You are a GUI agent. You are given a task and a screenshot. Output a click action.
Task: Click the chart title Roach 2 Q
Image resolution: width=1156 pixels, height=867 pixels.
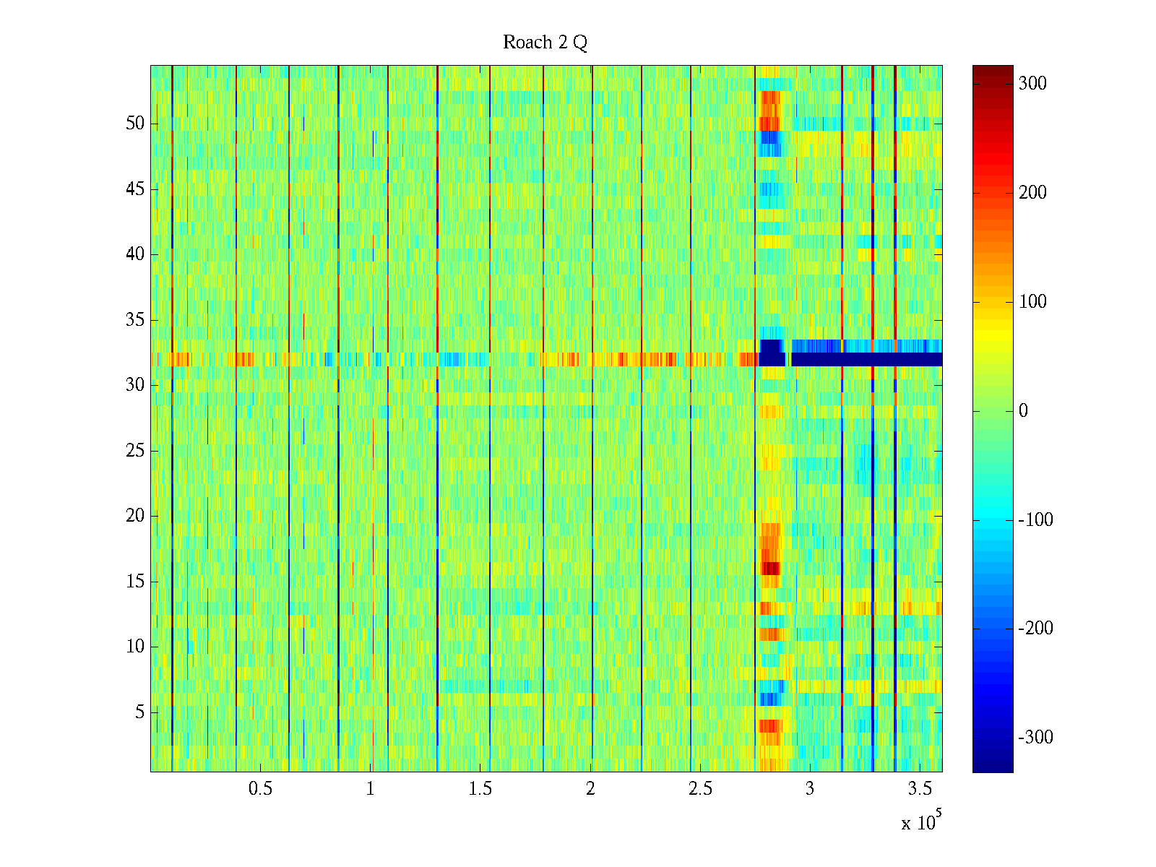(x=545, y=43)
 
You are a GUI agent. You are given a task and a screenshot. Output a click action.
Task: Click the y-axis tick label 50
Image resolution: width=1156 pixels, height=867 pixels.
(x=135, y=124)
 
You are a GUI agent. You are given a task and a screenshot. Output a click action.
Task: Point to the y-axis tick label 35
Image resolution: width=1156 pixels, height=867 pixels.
(x=135, y=320)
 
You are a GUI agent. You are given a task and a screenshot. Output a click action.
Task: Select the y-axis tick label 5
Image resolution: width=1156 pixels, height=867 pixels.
(x=139, y=712)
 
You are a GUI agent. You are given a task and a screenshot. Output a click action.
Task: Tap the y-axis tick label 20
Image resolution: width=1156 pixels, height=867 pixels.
(x=135, y=516)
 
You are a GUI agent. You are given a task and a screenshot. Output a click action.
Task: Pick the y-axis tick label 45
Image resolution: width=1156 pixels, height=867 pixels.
(x=135, y=189)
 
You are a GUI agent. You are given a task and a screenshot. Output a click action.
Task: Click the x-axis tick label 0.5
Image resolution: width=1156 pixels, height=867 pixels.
(x=260, y=789)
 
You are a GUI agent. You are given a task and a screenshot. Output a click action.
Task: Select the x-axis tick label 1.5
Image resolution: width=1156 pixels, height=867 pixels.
(x=480, y=789)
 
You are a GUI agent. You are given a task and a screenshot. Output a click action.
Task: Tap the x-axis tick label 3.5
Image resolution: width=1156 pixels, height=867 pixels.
(x=920, y=789)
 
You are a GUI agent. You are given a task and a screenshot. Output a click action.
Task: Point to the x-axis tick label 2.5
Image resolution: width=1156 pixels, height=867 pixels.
(x=700, y=789)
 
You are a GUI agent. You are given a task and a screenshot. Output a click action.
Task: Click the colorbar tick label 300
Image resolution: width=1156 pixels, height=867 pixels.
(x=1032, y=84)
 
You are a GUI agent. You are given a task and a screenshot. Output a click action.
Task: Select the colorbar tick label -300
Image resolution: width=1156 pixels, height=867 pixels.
(x=1035, y=738)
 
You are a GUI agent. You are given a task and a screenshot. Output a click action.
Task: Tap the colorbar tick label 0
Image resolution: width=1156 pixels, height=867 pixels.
(x=1023, y=411)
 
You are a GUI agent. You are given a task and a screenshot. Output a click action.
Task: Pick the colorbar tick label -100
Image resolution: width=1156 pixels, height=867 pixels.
(x=1035, y=520)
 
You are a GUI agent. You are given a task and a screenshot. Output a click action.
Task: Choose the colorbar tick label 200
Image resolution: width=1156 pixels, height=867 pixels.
(x=1032, y=193)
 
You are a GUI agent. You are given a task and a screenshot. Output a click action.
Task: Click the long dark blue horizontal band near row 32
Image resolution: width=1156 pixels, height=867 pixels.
(x=867, y=359)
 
